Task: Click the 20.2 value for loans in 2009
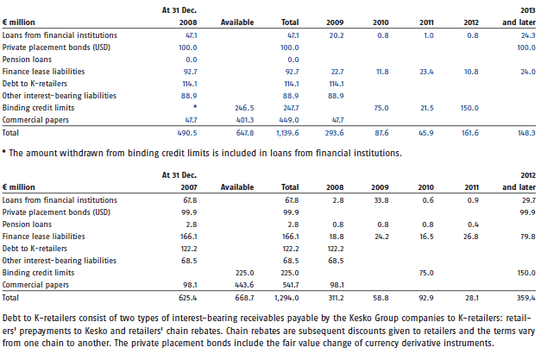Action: coord(337,35)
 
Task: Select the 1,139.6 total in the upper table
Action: coord(287,133)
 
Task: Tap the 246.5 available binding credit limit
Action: coord(244,108)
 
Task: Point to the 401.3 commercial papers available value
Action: coord(245,120)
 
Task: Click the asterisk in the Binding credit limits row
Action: coord(195,107)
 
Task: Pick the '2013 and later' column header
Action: coord(519,16)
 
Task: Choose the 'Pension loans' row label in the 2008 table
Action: coord(27,60)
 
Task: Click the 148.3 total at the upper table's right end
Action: coord(526,133)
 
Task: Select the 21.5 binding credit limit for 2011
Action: coord(427,108)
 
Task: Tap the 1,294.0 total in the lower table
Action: coord(286,298)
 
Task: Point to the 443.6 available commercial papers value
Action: coord(245,285)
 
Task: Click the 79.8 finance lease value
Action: coord(528,237)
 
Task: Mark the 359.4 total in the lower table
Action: coord(526,298)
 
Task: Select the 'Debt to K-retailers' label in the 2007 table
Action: coord(35,249)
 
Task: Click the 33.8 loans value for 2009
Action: coord(381,200)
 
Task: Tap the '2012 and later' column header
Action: coord(519,181)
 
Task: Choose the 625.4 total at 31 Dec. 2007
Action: coord(188,298)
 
